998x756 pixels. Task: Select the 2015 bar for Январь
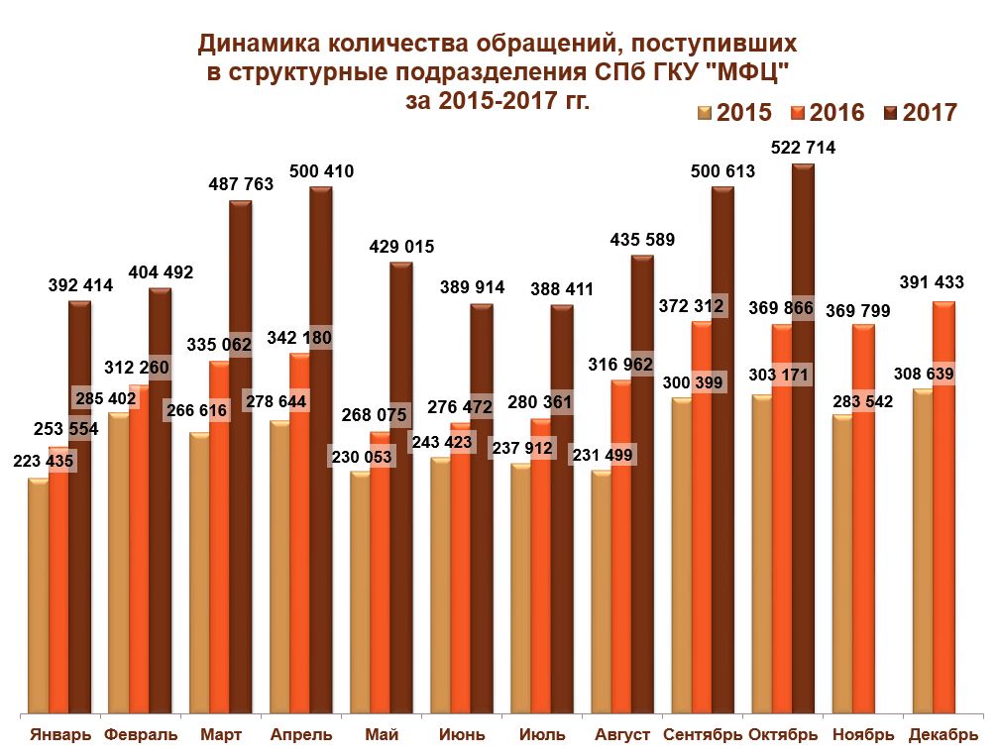tap(38, 594)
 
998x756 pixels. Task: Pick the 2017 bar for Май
tap(400, 486)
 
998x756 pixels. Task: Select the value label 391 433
tap(931, 282)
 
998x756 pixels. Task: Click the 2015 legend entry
tap(734, 112)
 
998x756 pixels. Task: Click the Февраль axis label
tap(141, 735)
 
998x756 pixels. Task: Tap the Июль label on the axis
tap(542, 735)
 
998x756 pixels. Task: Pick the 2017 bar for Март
tap(240, 456)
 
